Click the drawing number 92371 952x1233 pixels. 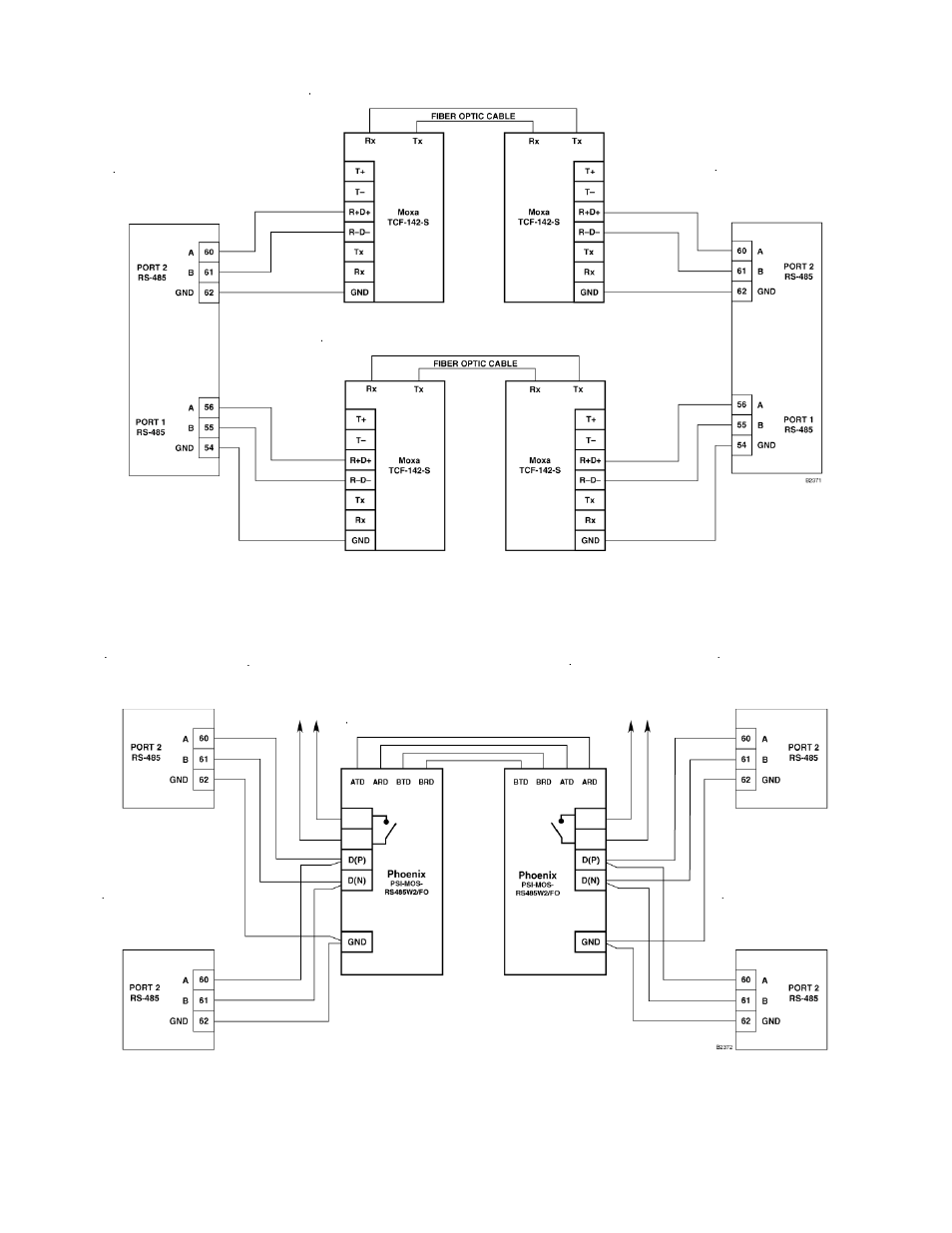813,480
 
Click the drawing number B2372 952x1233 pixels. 724,1047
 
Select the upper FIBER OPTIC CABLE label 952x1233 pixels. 473,116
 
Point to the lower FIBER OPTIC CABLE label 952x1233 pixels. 475,363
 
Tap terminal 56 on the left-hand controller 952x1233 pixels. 209,407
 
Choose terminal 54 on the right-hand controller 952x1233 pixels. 741,445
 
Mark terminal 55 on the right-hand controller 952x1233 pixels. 741,425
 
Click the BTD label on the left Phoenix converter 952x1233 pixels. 403,782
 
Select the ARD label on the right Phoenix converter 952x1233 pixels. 589,782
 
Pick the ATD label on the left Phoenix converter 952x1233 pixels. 357,782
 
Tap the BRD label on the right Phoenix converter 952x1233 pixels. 543,782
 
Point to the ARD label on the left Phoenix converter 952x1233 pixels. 380,782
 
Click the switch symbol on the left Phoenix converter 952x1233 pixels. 385,829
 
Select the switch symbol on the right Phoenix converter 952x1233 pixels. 562,829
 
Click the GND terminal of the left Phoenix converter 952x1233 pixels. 356,941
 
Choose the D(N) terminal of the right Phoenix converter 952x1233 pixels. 590,881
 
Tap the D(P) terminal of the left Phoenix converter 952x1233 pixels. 356,861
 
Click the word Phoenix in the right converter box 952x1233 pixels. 538,875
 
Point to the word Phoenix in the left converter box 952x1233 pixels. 406,874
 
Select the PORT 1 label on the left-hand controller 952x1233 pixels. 151,422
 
